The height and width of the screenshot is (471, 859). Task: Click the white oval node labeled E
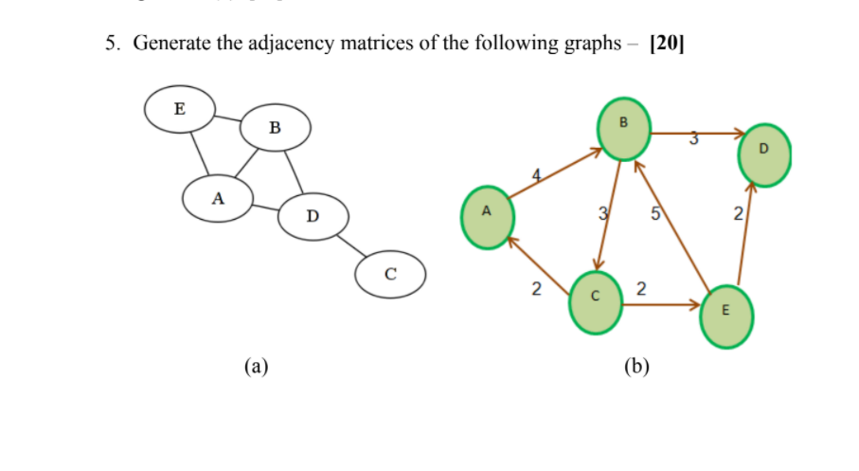(179, 108)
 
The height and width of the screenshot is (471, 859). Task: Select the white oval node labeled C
(389, 275)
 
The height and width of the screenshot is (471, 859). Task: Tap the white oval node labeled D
(313, 217)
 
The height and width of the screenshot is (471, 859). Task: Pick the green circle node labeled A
(488, 216)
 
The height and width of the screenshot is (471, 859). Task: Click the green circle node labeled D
(763, 154)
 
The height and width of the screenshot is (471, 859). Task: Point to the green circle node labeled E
(726, 313)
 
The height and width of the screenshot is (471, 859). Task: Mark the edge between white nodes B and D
(295, 172)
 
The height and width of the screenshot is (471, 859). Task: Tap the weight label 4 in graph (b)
(538, 174)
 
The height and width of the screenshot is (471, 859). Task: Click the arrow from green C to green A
(540, 263)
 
